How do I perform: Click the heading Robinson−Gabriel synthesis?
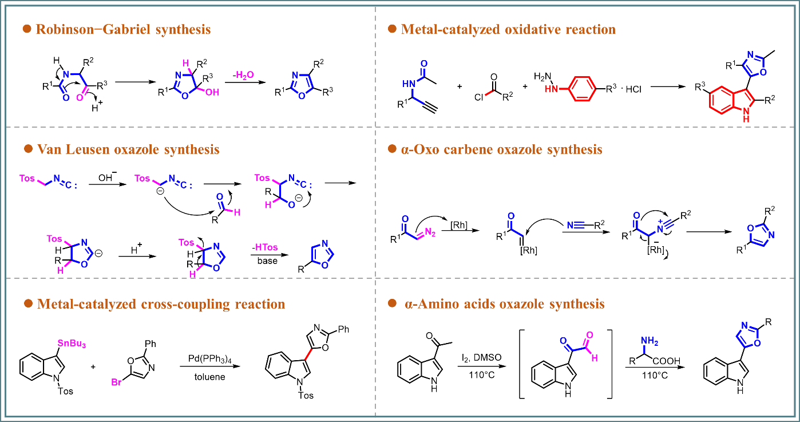[123, 29]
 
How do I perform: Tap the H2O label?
[245, 75]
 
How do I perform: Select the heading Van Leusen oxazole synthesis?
[128, 149]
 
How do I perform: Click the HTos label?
[267, 247]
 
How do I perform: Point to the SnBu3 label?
[72, 344]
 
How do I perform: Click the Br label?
[116, 382]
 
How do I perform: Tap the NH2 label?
[649, 342]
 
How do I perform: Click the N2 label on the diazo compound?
[430, 232]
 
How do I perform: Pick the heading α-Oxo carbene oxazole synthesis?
[502, 149]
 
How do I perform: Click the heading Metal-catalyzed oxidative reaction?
[508, 29]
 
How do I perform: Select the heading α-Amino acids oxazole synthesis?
[504, 303]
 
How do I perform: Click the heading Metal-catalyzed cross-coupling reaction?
[161, 304]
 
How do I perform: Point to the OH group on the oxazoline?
[212, 92]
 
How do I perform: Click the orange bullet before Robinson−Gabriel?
[26, 29]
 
